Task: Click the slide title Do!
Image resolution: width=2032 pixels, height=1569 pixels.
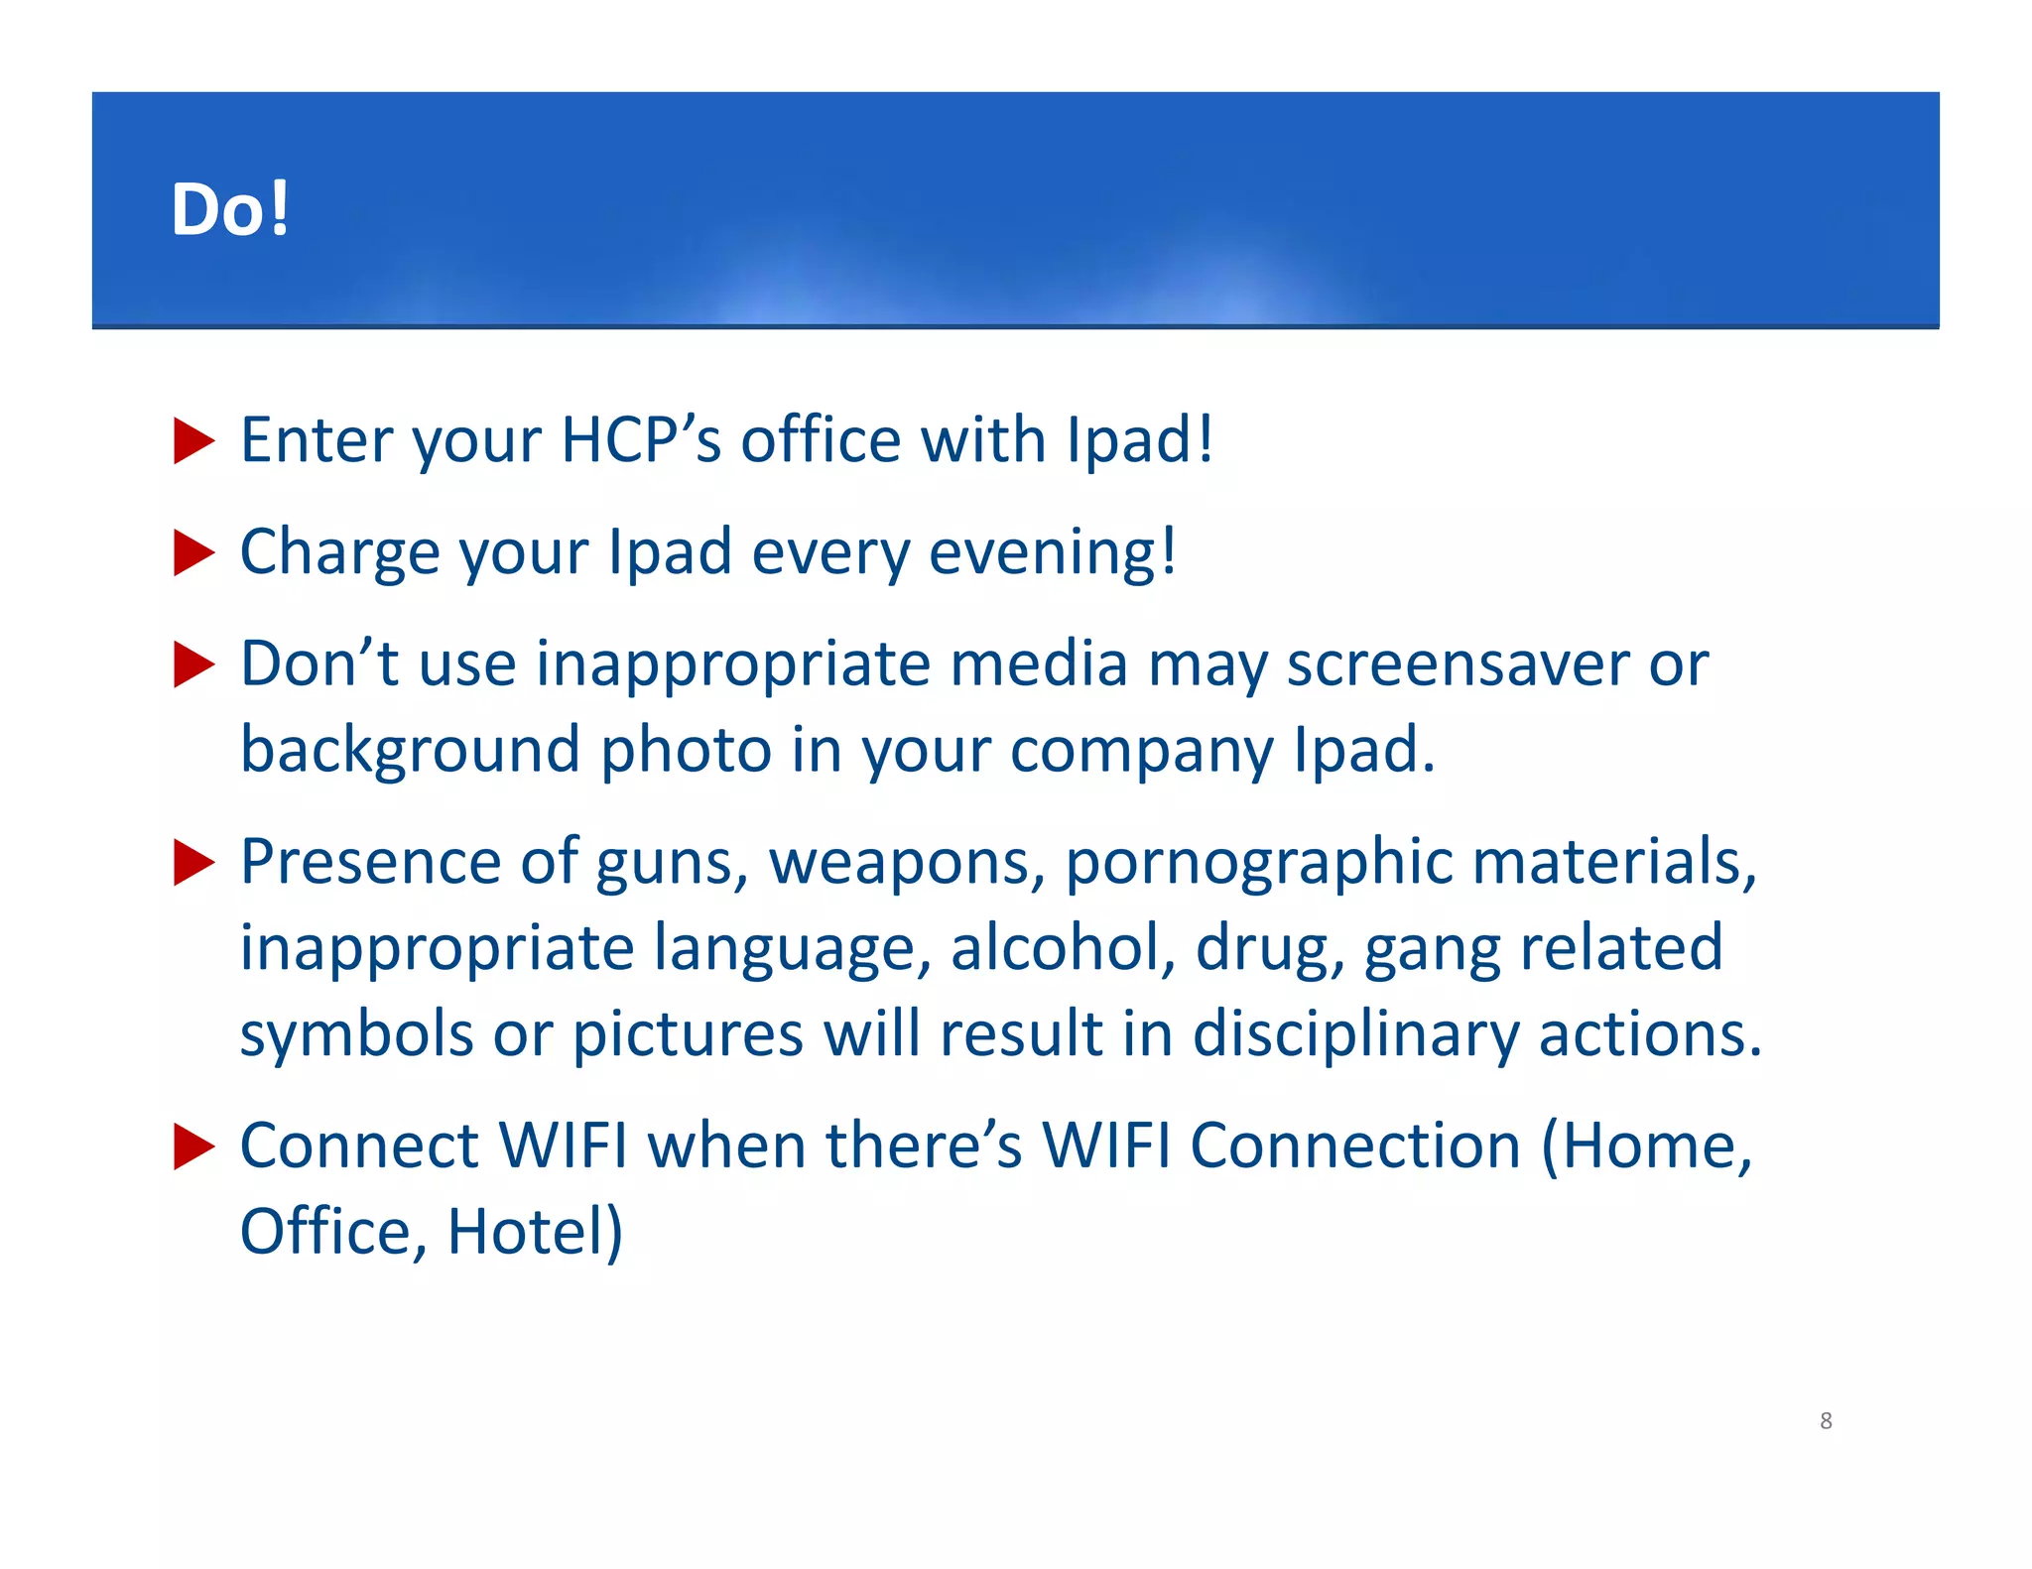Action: click(230, 209)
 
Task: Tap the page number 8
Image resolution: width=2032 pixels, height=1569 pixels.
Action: click(1826, 1420)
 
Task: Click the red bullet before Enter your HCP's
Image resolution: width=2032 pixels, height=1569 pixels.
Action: click(193, 440)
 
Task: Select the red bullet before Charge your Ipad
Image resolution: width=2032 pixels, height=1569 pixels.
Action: click(193, 552)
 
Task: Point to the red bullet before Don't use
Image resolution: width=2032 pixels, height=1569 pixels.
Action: click(193, 664)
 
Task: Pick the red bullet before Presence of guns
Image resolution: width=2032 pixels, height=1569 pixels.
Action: click(193, 862)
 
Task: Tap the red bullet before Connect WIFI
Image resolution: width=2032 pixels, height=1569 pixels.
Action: click(193, 1147)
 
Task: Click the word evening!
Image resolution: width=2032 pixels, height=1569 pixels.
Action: click(1053, 552)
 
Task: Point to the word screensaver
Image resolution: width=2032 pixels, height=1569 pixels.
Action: click(1458, 664)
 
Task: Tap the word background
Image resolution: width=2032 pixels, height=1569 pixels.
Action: click(410, 750)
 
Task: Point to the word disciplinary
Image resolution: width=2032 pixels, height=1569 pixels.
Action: click(1355, 1034)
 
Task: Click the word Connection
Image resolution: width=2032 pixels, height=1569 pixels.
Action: click(1355, 1147)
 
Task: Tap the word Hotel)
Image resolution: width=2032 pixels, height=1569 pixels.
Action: click(535, 1232)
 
